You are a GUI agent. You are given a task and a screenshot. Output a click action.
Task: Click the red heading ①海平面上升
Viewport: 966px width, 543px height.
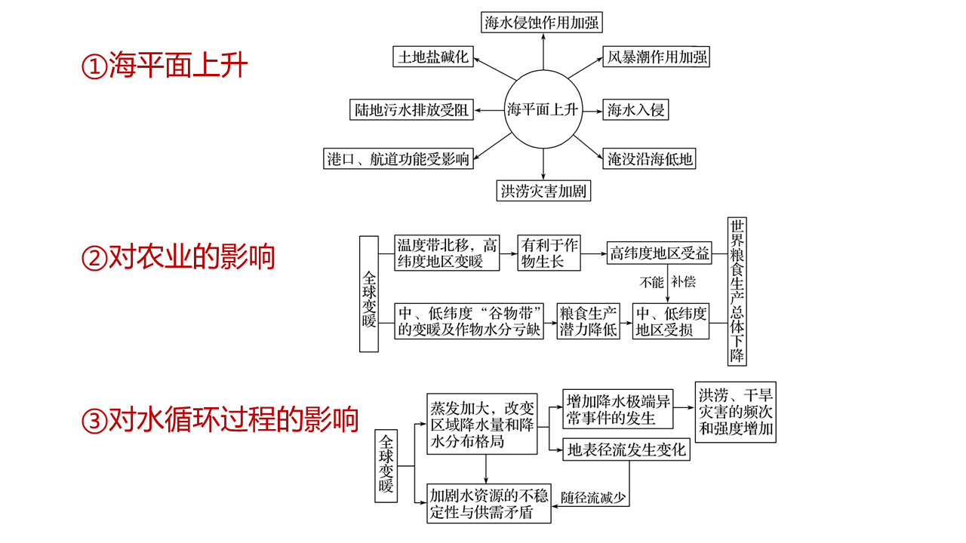pos(165,66)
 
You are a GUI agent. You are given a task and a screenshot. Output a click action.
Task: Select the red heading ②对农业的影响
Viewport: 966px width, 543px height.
pos(178,257)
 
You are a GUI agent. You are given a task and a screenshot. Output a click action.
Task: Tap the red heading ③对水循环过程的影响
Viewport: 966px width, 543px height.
pos(220,419)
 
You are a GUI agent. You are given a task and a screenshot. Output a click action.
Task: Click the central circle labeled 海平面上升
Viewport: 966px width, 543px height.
pos(542,110)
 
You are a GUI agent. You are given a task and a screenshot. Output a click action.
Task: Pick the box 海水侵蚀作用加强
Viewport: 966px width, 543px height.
pos(542,23)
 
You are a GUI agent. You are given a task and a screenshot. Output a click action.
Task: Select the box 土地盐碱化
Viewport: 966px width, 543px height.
pos(434,57)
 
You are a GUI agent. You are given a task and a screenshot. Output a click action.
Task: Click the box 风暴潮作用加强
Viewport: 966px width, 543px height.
pos(656,57)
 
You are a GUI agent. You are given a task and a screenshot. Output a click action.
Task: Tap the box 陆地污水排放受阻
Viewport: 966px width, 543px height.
pos(412,110)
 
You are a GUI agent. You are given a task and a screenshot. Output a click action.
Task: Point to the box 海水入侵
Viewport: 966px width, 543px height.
pos(636,110)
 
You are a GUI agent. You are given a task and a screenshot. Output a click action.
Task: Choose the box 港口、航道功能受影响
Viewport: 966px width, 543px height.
pos(398,158)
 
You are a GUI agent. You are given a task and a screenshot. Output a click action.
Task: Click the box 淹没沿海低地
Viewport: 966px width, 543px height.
pos(650,158)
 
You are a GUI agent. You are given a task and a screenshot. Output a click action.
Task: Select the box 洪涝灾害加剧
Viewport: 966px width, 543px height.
pos(543,191)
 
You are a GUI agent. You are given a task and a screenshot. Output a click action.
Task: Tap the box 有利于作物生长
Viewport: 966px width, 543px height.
pos(550,253)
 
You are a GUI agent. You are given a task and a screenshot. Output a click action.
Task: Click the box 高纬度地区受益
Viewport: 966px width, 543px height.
pos(660,253)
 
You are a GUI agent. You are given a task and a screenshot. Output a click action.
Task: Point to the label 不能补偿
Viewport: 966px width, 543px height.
pos(667,283)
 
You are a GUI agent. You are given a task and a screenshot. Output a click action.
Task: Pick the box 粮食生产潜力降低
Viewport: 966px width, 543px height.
pos(588,321)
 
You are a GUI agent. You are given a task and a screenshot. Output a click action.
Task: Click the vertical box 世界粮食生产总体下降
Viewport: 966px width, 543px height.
pos(737,292)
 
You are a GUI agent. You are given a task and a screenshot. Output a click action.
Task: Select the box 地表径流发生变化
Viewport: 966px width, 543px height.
pos(626,449)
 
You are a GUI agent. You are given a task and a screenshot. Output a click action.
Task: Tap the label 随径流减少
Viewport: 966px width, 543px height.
pos(594,498)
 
